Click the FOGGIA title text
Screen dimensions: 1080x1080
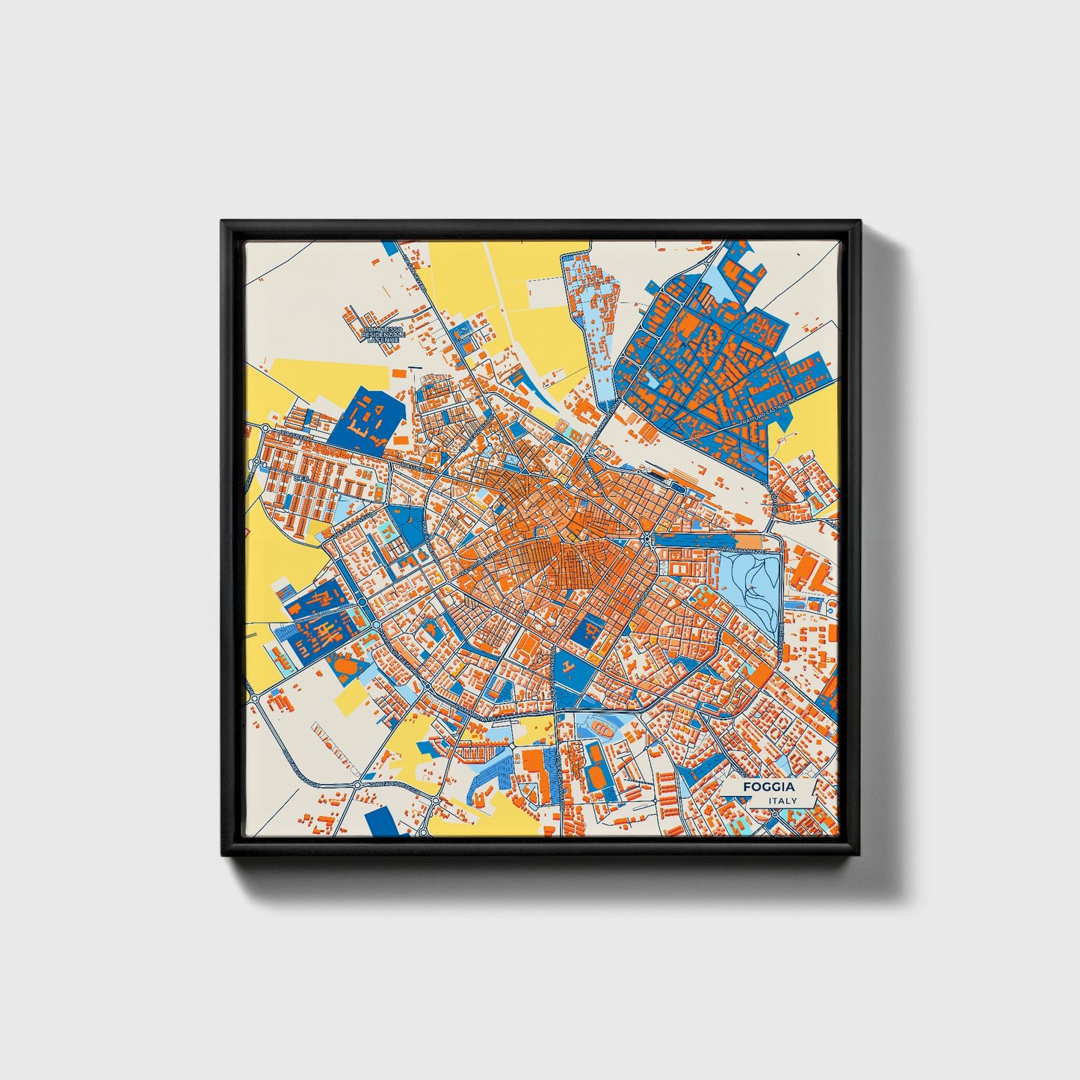(x=768, y=787)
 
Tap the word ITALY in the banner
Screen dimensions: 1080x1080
(x=782, y=800)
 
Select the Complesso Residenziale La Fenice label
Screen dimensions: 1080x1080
(x=383, y=334)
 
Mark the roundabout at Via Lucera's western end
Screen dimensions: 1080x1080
(x=265, y=428)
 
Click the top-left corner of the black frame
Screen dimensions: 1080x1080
(x=223, y=222)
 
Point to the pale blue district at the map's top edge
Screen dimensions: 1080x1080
(x=590, y=299)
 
